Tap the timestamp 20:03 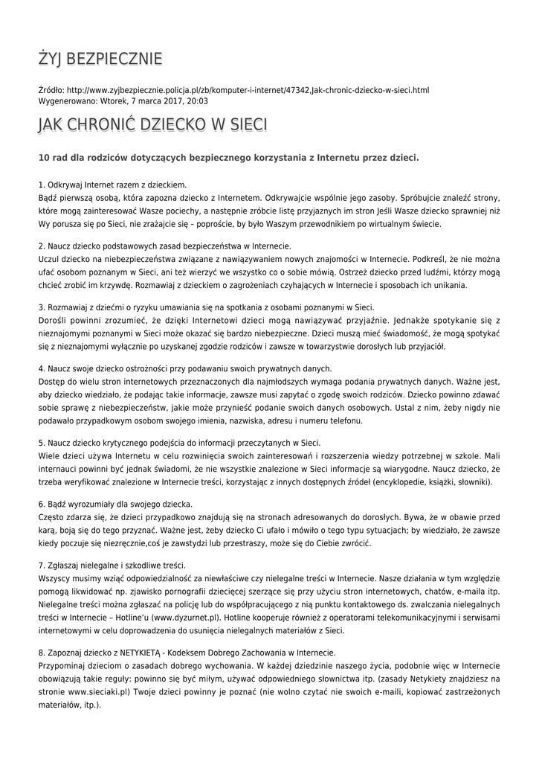tap(198, 101)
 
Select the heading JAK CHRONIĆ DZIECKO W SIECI tap(152, 124)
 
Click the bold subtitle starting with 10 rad tap(228, 157)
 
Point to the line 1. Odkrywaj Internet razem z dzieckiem tap(112, 185)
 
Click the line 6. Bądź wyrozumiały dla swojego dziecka tap(115, 505)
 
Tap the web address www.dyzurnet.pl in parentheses tap(186, 618)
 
